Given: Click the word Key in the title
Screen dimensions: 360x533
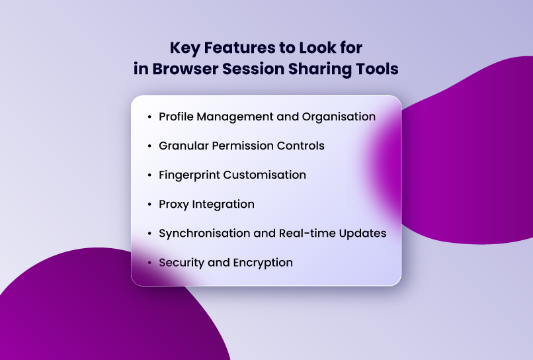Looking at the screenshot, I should pos(183,48).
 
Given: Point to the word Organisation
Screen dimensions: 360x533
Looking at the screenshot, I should pos(339,116).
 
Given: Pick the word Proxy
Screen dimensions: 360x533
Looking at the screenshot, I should pos(173,204).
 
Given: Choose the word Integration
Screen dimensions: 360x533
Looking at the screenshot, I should pos(223,204).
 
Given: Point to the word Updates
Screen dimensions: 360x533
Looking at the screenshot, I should pos(363,234).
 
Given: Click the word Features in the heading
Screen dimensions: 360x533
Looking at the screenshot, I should pos(233,48).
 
